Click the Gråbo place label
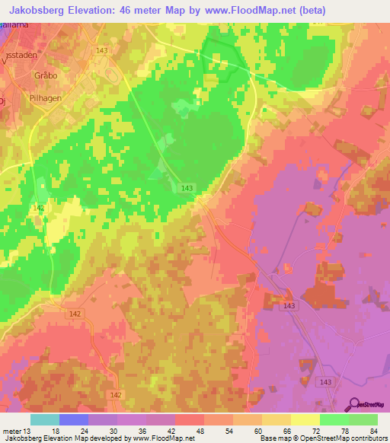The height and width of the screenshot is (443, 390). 25,76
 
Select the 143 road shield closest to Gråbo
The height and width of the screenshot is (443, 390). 102,50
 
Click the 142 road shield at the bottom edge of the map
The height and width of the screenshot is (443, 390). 116,394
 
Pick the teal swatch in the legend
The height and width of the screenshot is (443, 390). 44,419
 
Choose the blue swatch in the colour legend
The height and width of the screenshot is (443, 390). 73,419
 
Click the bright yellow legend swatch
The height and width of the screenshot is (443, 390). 305,419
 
